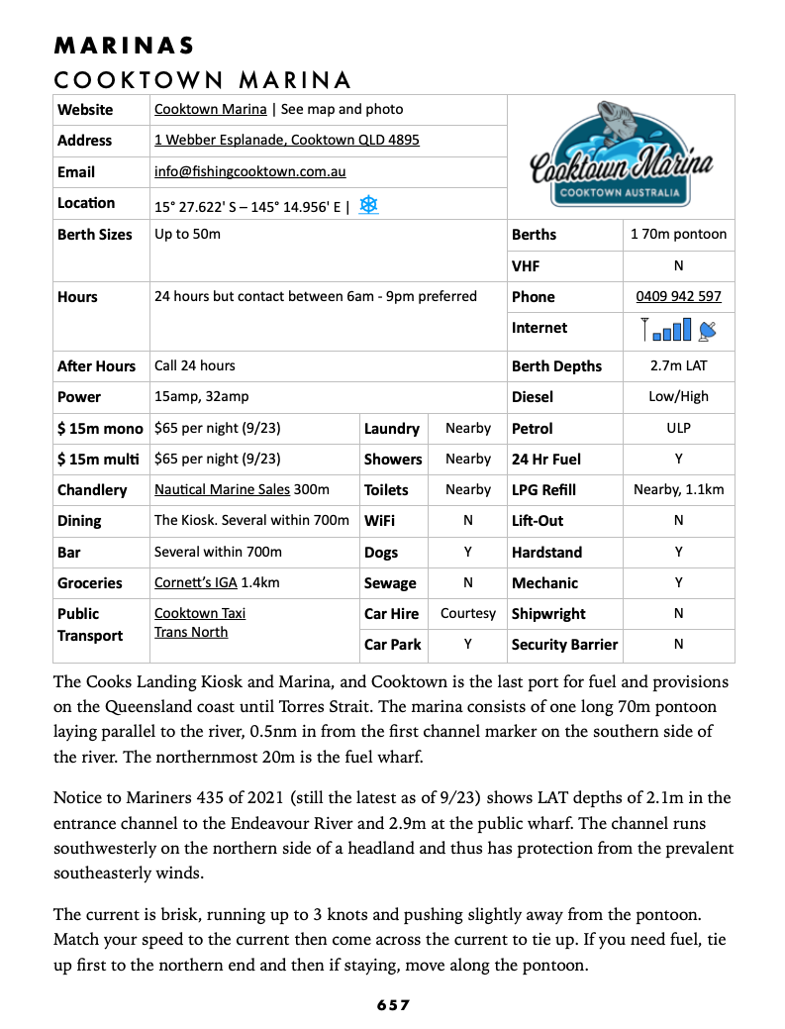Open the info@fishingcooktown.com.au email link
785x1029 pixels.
[249, 171]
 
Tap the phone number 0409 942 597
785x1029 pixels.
[678, 296]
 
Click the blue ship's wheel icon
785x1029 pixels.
[368, 205]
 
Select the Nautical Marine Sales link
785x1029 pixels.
[222, 489]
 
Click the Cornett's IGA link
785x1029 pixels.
[194, 582]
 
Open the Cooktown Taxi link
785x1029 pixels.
[200, 613]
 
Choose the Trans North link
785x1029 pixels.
[191, 632]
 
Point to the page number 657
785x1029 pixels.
[393, 1005]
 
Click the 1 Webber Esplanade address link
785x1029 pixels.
[286, 140]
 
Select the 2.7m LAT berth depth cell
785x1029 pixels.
[678, 365]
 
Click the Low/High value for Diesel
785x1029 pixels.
[678, 396]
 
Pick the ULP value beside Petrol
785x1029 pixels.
[678, 428]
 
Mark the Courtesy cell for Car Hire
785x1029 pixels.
[468, 613]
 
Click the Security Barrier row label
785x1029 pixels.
[564, 645]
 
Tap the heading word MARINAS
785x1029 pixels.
[125, 46]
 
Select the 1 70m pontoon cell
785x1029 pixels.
[678, 235]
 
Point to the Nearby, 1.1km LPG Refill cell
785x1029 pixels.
[678, 489]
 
